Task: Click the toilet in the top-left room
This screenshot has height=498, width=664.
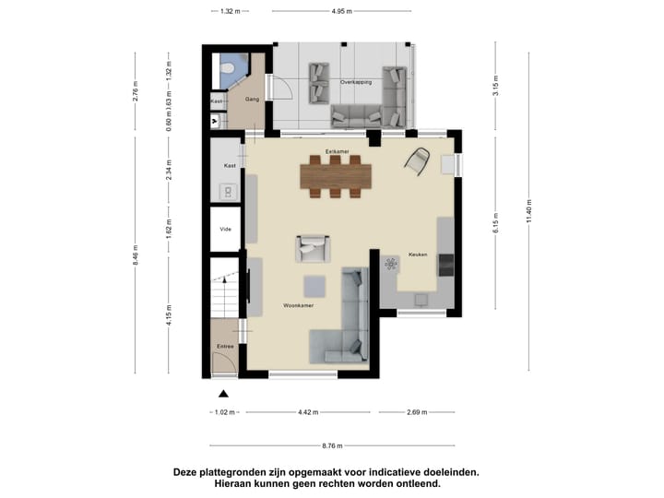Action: (228, 66)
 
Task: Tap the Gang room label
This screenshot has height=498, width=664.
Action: (250, 99)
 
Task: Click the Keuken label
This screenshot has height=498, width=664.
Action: (417, 255)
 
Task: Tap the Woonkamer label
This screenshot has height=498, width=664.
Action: (298, 305)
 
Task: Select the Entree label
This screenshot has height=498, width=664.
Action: (224, 346)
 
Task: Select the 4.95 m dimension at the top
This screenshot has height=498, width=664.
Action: (342, 12)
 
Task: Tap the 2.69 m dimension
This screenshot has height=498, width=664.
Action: (416, 412)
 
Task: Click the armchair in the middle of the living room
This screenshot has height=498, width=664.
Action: (312, 248)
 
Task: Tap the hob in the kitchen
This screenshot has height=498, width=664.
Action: (391, 265)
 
